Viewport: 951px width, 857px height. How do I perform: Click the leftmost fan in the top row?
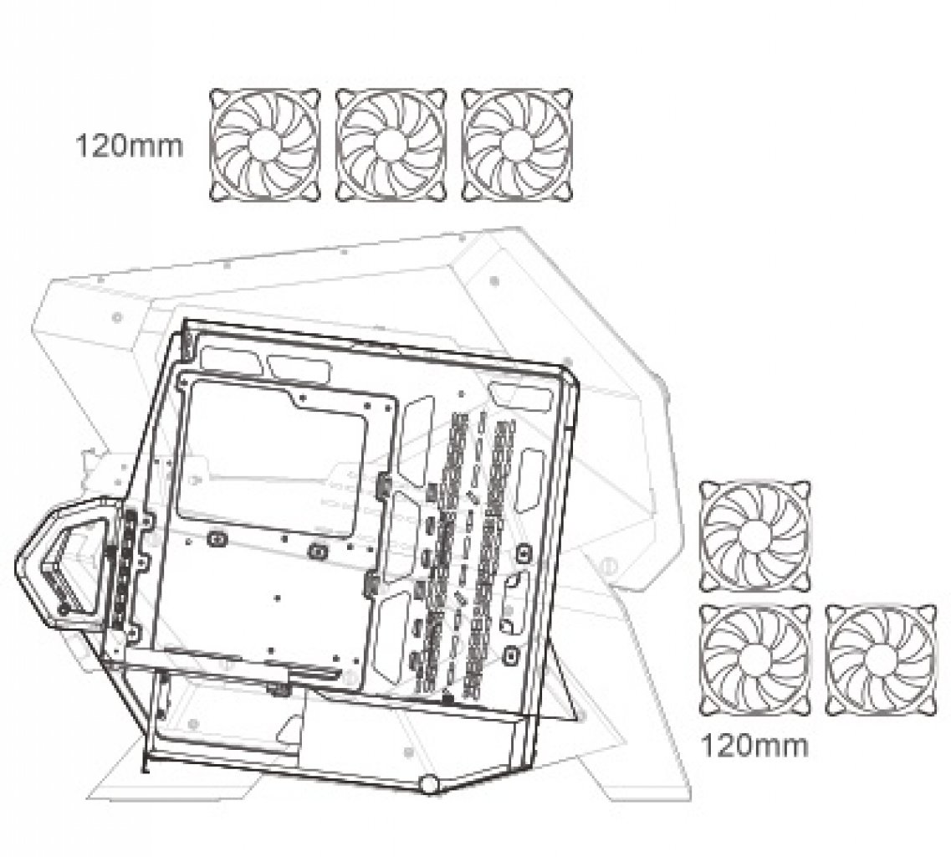click(265, 145)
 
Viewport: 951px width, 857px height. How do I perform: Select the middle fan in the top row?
click(391, 145)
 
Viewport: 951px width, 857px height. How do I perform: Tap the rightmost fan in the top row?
click(517, 145)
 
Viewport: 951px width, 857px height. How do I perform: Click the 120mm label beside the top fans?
click(129, 146)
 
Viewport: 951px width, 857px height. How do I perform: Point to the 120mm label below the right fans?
click(754, 746)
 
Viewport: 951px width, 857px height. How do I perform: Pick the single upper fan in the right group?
click(755, 536)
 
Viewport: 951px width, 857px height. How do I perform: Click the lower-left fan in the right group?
click(755, 660)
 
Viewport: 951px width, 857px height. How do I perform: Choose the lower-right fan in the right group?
click(881, 660)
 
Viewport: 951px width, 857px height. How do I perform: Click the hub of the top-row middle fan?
click(391, 145)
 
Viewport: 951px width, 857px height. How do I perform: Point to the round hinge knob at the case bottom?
click(429, 784)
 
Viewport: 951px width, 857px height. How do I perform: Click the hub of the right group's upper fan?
click(755, 536)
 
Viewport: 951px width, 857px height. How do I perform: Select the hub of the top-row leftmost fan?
click(265, 145)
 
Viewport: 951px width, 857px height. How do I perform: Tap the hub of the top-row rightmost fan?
click(517, 145)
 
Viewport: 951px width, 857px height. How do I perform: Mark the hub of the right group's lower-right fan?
click(881, 660)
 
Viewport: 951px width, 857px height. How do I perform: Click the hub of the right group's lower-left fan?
click(755, 660)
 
